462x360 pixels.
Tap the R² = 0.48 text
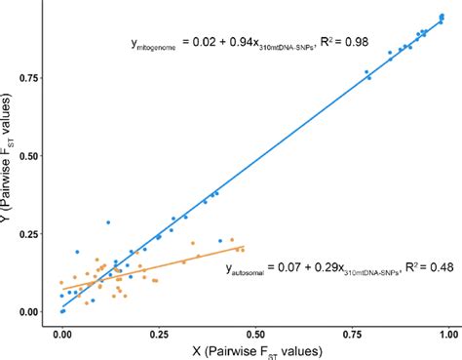click(421, 265)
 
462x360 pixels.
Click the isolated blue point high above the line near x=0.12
click(108, 222)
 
